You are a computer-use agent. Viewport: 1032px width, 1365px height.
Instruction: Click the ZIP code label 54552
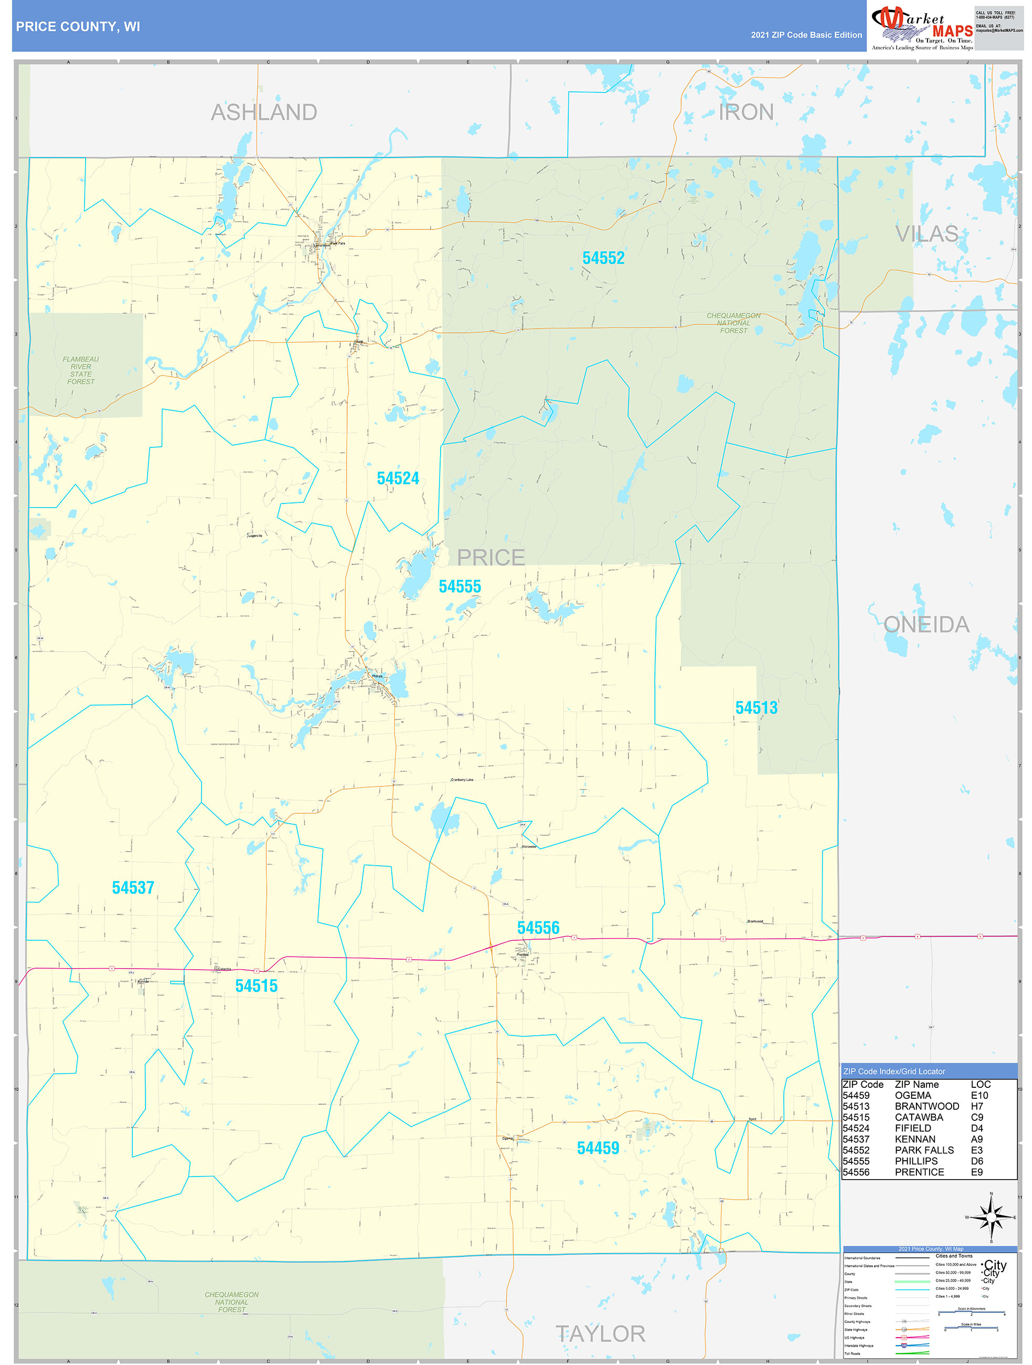point(603,258)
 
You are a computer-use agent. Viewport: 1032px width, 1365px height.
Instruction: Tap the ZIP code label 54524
point(398,478)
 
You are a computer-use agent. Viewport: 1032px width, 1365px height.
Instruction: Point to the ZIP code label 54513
point(756,708)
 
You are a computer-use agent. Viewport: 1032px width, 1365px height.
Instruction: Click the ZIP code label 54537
point(133,887)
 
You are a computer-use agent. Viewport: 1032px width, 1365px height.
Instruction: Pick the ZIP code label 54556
point(538,928)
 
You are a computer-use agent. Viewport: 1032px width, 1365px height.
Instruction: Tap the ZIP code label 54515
point(256,985)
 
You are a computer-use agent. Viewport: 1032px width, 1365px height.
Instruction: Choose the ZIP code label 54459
point(598,1148)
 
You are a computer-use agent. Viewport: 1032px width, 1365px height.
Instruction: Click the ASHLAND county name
point(264,112)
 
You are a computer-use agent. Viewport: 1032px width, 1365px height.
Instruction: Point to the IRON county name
point(746,112)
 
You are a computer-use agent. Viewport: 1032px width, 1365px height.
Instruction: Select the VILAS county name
point(926,234)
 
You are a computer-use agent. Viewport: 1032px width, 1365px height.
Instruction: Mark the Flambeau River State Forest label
point(81,370)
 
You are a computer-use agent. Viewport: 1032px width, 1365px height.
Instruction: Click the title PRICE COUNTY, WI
point(78,27)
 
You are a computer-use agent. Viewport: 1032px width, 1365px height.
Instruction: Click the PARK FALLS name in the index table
point(924,1150)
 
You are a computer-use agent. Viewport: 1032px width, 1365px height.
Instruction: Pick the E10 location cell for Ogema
point(979,1095)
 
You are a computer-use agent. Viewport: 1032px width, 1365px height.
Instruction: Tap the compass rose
point(991,1217)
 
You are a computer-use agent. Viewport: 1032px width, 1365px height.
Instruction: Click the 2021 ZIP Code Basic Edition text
point(806,35)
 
